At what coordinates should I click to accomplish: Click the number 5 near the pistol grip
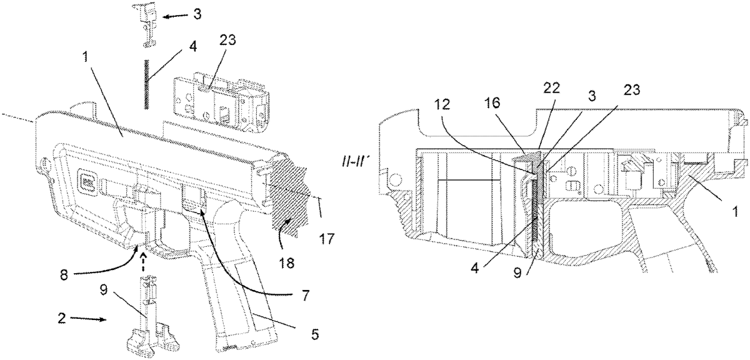click(314, 335)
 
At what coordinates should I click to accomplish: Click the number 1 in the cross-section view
click(735, 213)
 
